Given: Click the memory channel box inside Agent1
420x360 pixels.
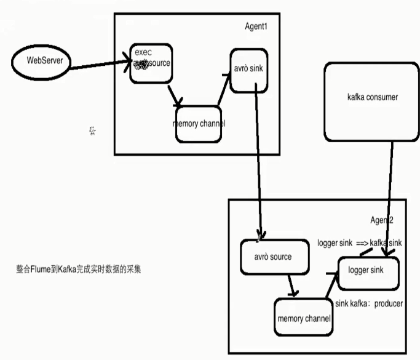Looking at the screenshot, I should point(199,124).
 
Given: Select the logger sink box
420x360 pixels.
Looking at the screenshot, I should point(368,271).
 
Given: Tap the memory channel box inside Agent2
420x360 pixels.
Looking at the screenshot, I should point(304,318).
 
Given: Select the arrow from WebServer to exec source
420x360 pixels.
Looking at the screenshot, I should point(98,64).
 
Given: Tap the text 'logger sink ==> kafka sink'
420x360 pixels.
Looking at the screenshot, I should point(359,244).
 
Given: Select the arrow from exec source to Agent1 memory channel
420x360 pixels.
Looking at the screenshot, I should point(173,95).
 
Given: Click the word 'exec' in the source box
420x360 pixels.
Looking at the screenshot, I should point(143,52).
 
